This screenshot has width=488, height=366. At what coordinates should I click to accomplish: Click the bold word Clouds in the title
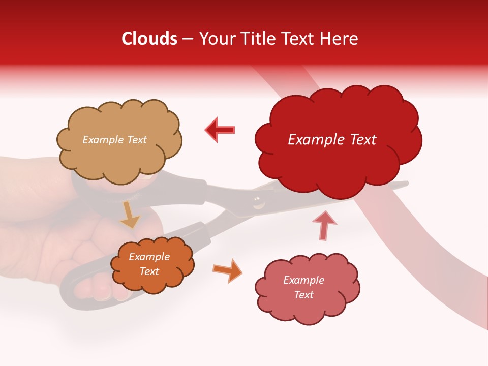[149, 39]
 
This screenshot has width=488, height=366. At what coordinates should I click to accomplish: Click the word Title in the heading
[259, 39]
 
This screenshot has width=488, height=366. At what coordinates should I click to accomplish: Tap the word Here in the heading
[339, 39]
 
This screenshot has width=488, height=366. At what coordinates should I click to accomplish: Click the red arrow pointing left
[220, 130]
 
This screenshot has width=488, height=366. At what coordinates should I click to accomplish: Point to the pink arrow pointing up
[324, 225]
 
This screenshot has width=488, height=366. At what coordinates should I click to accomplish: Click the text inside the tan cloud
[114, 140]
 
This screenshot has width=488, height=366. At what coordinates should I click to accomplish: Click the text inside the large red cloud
[332, 140]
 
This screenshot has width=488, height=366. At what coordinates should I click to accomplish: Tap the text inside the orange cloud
[149, 264]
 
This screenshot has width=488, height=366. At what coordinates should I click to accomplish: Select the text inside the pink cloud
[303, 287]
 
